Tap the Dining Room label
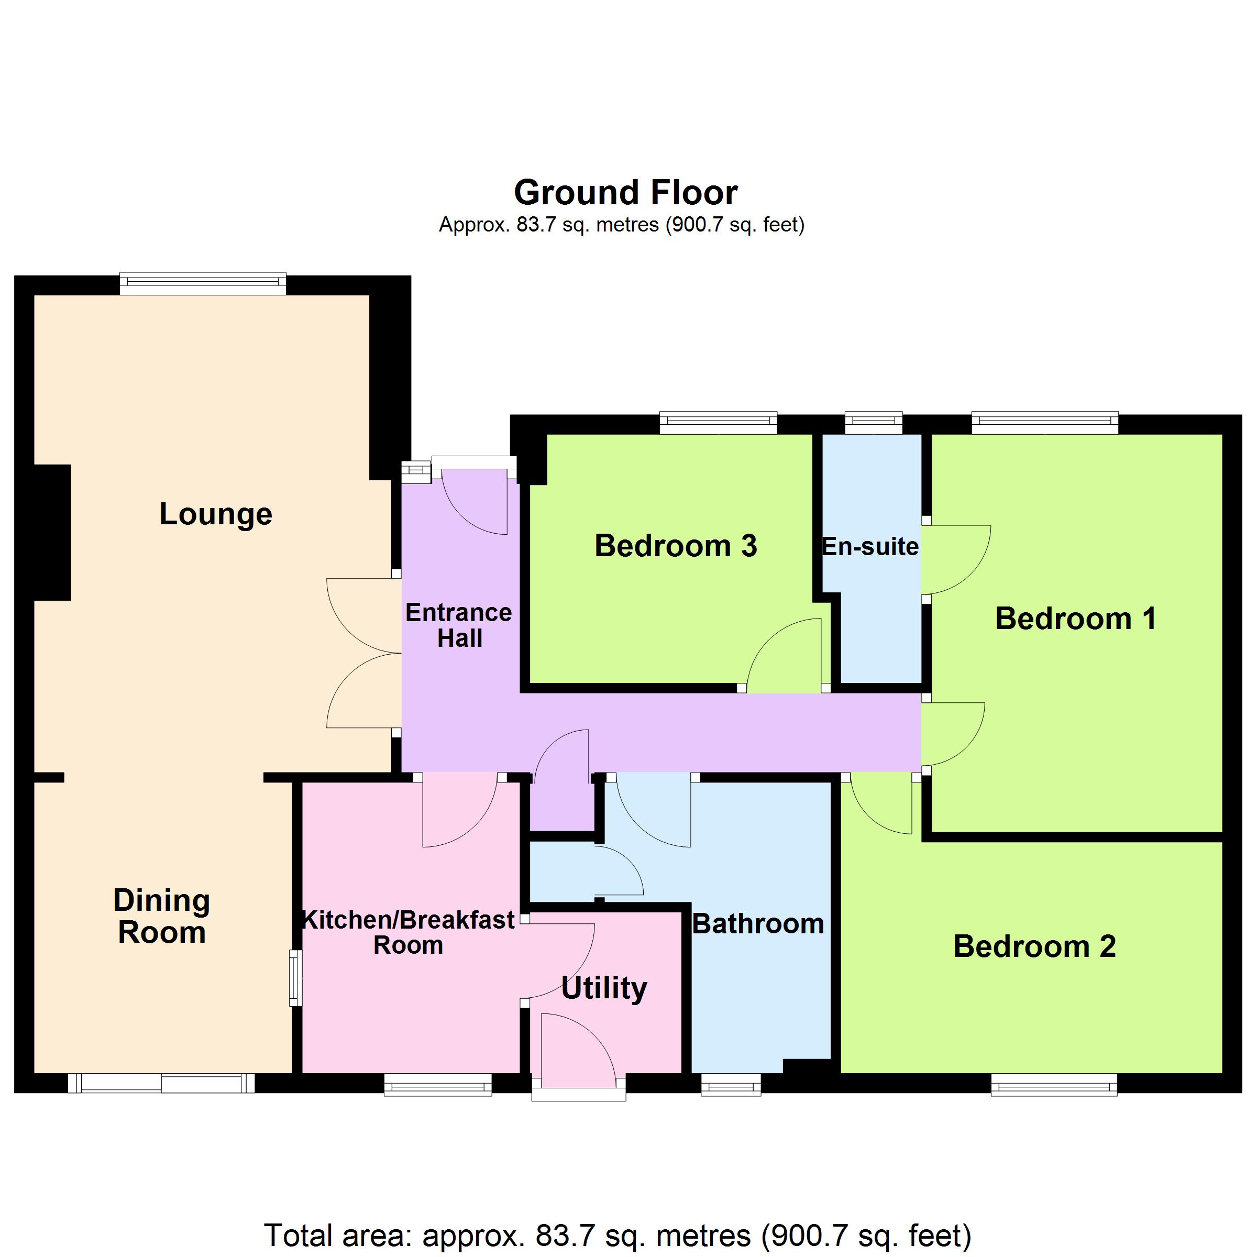[162, 917]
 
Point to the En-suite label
[870, 546]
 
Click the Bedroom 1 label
[1076, 619]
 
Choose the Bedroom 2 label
[1034, 946]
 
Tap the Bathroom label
[758, 924]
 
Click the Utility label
[604, 989]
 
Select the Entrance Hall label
[459, 626]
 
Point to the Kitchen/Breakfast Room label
[409, 933]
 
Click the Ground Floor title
[626, 193]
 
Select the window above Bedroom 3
[718, 422]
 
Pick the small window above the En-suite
[874, 422]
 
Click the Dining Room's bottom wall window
[161, 1083]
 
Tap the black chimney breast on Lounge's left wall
[52, 532]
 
